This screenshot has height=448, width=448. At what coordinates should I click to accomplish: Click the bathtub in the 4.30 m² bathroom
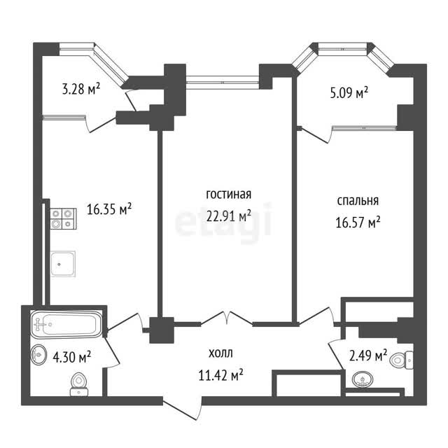[66, 324]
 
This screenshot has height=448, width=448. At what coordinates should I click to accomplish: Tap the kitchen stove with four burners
[64, 218]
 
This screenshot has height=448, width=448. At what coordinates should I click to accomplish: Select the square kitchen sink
[63, 264]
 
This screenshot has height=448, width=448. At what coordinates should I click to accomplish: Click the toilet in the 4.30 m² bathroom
[79, 384]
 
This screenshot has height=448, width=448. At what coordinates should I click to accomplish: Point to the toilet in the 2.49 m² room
[402, 360]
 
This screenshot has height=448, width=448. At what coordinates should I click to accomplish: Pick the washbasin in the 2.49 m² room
[363, 379]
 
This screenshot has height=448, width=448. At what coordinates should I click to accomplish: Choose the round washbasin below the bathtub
[38, 355]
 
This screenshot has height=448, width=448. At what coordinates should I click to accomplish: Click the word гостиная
[229, 195]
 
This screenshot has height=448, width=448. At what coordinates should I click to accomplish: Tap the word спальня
[358, 201]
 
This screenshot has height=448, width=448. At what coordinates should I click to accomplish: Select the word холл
[220, 353]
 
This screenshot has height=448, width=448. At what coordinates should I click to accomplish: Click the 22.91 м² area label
[229, 216]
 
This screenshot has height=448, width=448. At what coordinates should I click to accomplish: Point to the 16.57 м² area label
[358, 222]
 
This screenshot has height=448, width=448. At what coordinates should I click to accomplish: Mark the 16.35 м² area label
[109, 209]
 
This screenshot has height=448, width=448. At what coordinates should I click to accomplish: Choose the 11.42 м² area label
[221, 375]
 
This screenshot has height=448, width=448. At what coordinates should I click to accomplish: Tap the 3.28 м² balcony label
[81, 89]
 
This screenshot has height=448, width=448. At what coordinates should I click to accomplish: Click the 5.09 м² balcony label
[349, 92]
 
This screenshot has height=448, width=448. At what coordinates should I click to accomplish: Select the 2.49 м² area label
[368, 356]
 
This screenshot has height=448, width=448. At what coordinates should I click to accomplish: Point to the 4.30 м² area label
[72, 357]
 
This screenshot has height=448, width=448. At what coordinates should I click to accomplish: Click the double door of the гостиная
[227, 318]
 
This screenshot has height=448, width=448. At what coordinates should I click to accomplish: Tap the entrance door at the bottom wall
[183, 407]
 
